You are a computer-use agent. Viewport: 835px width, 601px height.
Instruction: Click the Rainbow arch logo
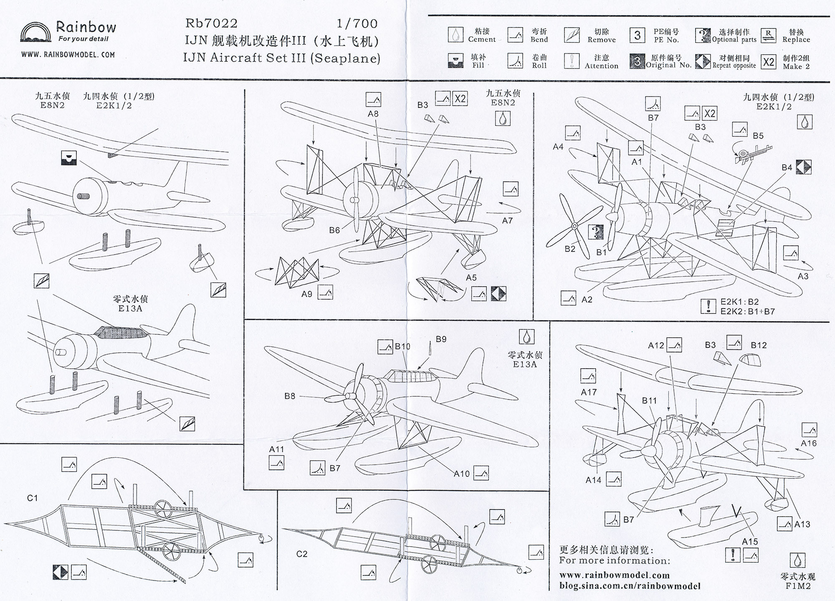(x=36, y=33)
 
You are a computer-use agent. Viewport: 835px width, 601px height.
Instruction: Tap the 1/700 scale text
(x=357, y=23)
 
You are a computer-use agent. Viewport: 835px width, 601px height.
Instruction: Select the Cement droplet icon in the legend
(x=455, y=35)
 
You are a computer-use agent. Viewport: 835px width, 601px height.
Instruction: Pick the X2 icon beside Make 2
(x=768, y=62)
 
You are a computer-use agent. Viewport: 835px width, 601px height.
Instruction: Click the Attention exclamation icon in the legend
(x=572, y=61)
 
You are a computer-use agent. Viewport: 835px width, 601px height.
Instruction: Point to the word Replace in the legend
(x=796, y=40)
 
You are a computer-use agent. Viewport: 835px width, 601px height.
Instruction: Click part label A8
(x=373, y=114)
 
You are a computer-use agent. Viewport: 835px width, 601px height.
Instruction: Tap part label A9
(x=307, y=294)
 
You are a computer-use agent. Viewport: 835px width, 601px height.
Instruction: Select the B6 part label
(x=334, y=230)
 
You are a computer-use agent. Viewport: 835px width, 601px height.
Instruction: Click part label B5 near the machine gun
(x=758, y=136)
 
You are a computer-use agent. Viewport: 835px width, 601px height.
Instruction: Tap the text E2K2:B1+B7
(x=747, y=311)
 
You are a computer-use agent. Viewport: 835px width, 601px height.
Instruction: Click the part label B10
(x=402, y=346)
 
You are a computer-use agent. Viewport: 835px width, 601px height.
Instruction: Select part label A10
(x=461, y=474)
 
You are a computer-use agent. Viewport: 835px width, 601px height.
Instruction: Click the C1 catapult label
(x=32, y=498)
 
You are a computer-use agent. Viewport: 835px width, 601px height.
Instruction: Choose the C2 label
(x=301, y=554)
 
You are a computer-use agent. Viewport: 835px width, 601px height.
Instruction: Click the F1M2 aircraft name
(x=797, y=586)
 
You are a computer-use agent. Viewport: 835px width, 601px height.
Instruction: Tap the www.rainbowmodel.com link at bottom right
(x=614, y=576)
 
